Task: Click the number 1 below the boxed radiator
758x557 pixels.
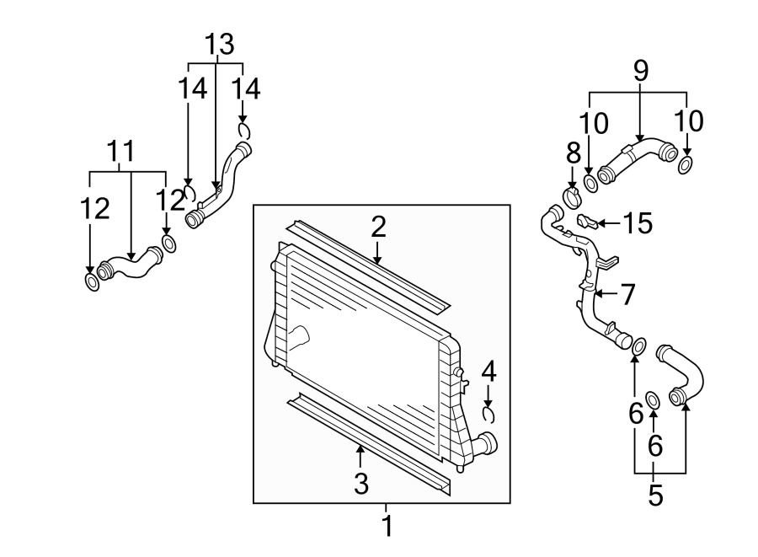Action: coord(387,528)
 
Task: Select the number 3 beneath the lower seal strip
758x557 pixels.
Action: coord(360,484)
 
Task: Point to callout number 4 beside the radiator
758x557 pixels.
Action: coord(488,371)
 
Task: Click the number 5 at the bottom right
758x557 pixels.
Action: coord(655,495)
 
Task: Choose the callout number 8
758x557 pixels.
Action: coord(573,153)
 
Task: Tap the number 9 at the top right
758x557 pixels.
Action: coord(641,71)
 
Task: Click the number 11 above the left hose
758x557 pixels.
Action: coord(121,152)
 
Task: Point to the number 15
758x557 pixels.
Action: coord(638,223)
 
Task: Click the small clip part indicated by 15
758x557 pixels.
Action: coord(589,222)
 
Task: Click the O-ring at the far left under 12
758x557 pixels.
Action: coord(92,281)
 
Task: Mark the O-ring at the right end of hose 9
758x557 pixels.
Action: coord(686,163)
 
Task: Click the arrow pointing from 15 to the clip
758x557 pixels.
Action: coord(611,223)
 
